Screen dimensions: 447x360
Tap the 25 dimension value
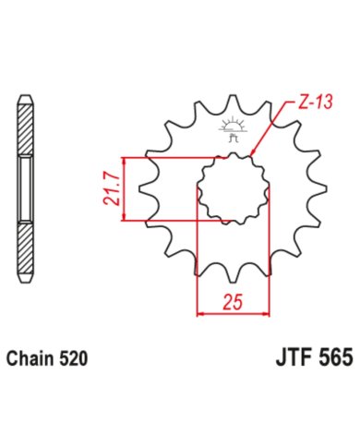[x=232, y=300]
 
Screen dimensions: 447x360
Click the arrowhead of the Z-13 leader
[x=252, y=154]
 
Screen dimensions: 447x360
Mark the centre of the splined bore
[x=231, y=189]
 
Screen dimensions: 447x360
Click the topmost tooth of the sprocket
[x=231, y=99]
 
